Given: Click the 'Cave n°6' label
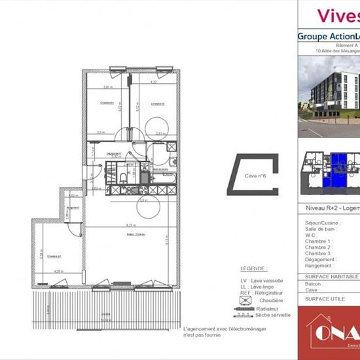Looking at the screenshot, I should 254,176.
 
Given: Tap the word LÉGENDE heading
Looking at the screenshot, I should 253,268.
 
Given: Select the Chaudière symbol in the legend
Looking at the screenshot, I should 246,300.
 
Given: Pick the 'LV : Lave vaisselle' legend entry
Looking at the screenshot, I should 263,280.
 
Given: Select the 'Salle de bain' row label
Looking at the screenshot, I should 320,228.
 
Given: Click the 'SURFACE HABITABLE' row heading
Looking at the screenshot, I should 331,277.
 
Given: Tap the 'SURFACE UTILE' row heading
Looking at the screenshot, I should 326,298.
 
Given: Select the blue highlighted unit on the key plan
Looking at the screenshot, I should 338,170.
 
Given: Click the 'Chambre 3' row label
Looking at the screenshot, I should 319,253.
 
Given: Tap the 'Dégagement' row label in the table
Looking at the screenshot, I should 319,259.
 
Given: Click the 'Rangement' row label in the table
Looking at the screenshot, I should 319,266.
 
